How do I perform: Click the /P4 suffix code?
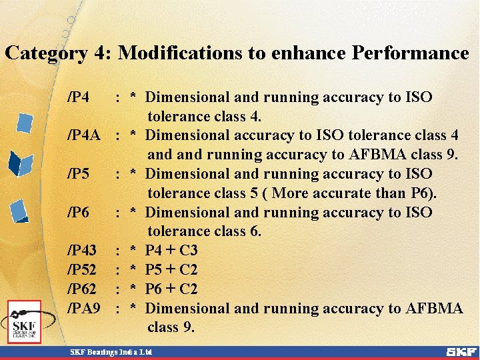click(79, 98)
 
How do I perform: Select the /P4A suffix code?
click(84, 136)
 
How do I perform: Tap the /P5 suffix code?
click(79, 174)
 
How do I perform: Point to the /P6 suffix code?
click(79, 213)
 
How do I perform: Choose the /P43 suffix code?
click(83, 251)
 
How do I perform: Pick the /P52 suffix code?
click(83, 270)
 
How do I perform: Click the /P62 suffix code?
click(83, 289)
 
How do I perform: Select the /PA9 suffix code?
click(84, 309)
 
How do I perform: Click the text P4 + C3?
click(171, 251)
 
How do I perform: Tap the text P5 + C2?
click(171, 270)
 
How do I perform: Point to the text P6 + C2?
click(171, 289)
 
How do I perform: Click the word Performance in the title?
click(410, 53)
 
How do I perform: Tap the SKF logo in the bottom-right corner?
click(461, 351)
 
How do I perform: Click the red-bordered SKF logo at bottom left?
click(25, 321)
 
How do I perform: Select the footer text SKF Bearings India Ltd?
click(112, 351)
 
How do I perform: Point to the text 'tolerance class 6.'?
click(205, 231)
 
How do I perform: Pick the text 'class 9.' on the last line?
click(171, 327)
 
